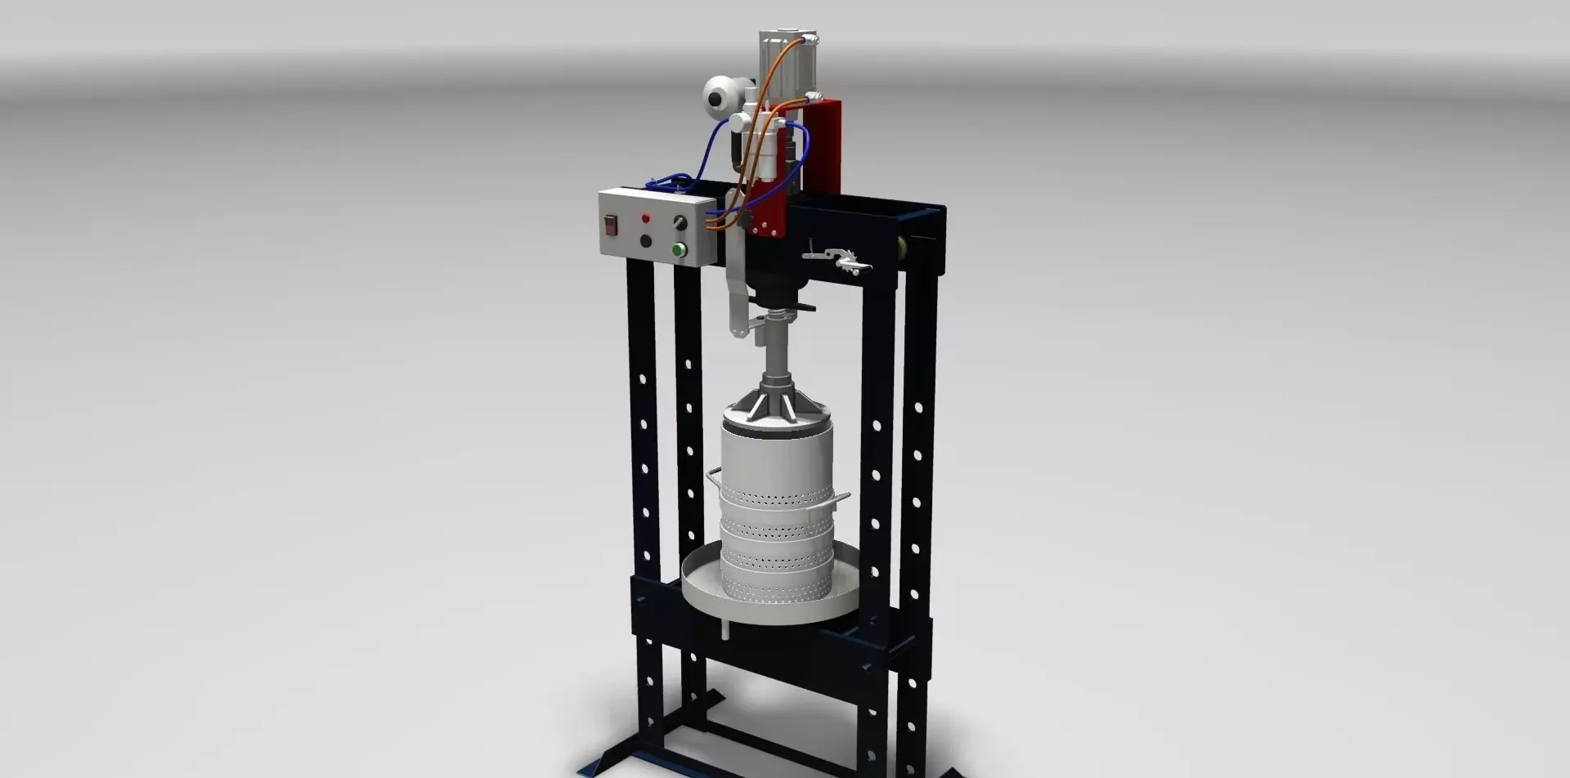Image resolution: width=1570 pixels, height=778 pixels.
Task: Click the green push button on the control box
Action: click(678, 249)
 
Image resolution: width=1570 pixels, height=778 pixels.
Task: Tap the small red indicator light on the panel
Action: click(645, 218)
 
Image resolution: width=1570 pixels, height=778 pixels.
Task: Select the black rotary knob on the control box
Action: click(679, 222)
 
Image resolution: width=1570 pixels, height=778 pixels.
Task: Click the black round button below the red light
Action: click(646, 240)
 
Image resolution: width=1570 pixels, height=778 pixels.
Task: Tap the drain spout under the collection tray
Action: click(724, 630)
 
